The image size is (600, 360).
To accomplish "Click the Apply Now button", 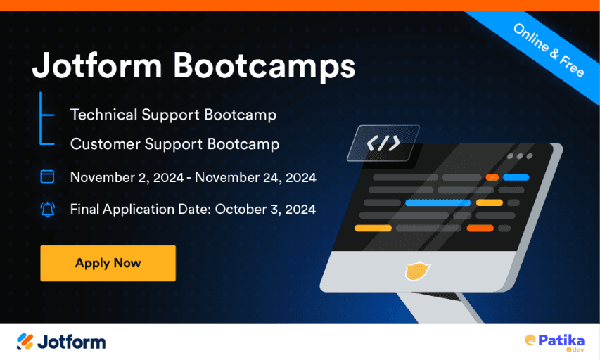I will (x=108, y=264).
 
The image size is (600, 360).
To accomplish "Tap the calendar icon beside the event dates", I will (x=47, y=176).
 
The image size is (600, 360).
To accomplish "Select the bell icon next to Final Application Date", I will (x=47, y=209).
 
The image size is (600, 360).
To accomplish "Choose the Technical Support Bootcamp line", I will (x=173, y=114).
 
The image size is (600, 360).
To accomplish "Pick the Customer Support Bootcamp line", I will (x=174, y=144).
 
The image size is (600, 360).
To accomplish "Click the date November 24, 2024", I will (x=255, y=177).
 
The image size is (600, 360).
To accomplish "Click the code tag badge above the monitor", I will (x=383, y=143).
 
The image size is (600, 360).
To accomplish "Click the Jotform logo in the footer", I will (x=61, y=342).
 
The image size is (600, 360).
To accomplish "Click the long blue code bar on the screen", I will (x=438, y=202).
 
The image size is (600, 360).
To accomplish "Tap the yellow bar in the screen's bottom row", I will (x=373, y=228).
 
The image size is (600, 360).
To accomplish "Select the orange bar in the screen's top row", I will (x=492, y=177).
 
